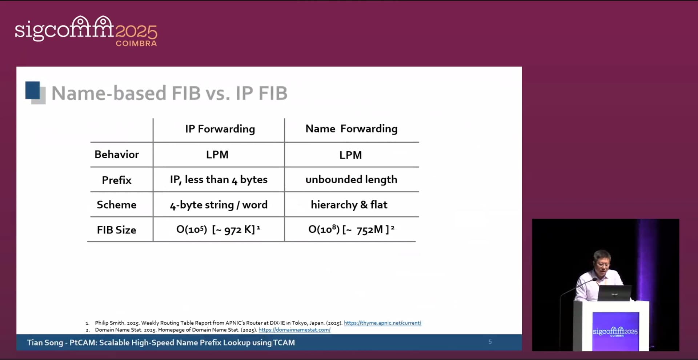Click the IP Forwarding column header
point(220,129)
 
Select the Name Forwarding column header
point(351,129)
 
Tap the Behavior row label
point(117,155)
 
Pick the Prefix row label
point(117,180)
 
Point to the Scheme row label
point(117,205)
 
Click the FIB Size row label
point(117,230)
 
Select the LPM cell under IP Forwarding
point(217,155)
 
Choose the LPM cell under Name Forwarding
point(350,155)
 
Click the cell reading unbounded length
point(351,180)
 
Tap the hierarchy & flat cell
point(349,205)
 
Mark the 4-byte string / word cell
point(218,205)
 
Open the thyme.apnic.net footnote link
point(382,323)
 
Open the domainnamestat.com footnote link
point(294,330)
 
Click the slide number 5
point(490,342)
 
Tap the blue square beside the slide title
point(32,90)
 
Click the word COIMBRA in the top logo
point(136,43)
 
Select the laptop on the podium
point(614,293)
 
